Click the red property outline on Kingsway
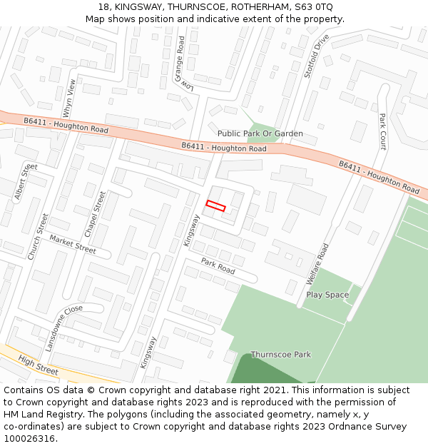(215, 206)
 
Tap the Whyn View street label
(69, 98)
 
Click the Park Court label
(382, 131)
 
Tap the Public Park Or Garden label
(260, 133)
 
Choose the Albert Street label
(25, 181)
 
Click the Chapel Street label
(95, 214)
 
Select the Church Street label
(37, 236)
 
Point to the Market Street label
(73, 245)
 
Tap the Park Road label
(218, 265)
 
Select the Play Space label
(327, 295)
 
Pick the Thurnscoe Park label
(280, 355)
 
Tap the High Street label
(39, 365)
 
